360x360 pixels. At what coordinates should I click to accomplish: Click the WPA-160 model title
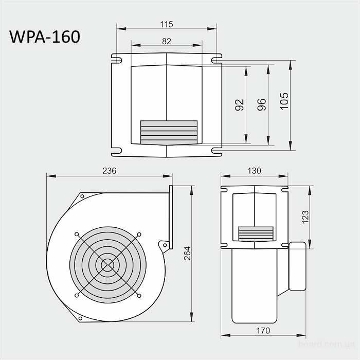click(x=45, y=37)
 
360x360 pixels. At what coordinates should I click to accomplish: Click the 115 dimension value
click(x=166, y=24)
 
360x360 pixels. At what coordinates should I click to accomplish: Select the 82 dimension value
click(x=166, y=41)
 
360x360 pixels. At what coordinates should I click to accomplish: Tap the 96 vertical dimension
click(x=261, y=104)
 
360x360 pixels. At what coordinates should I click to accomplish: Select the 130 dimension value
click(x=254, y=171)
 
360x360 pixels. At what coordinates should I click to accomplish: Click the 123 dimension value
click(x=305, y=216)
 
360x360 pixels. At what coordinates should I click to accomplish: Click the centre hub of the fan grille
click(x=108, y=264)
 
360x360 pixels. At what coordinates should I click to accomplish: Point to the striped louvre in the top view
click(x=169, y=132)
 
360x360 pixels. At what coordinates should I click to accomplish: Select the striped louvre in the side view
click(x=256, y=233)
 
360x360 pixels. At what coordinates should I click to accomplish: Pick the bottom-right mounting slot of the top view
click(x=217, y=151)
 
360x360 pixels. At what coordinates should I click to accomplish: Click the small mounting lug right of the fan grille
click(x=164, y=245)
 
